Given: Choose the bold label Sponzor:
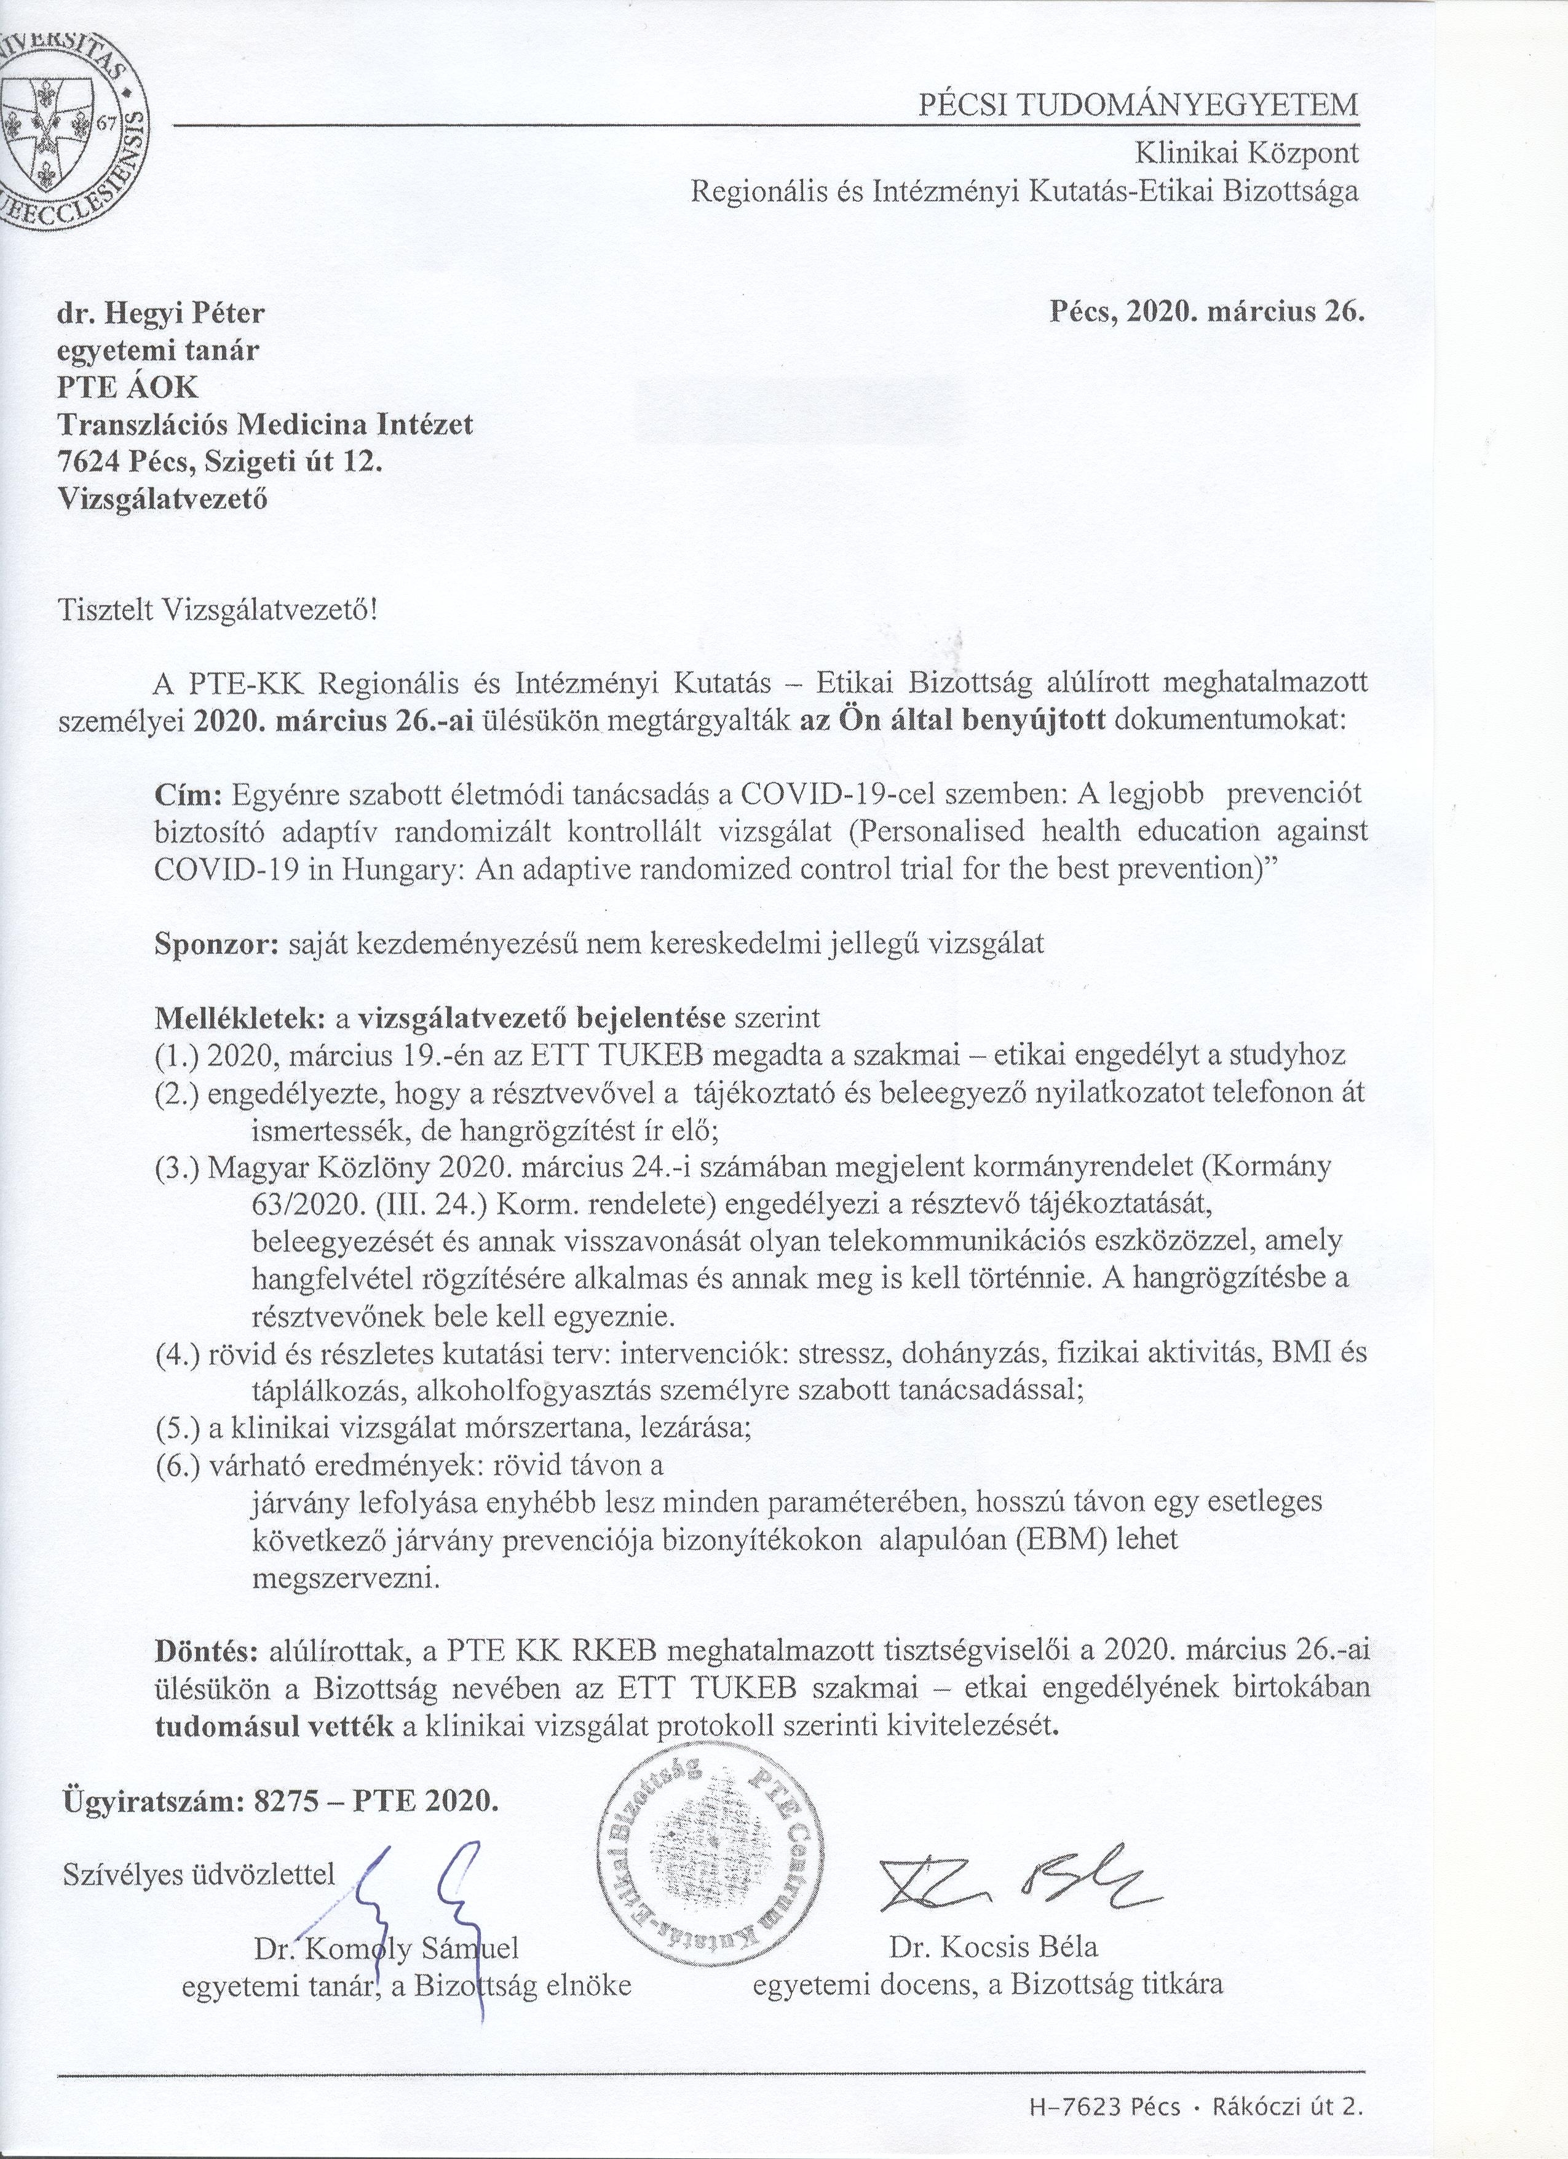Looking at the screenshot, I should [216, 944].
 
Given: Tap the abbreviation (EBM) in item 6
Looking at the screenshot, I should [1050, 1539].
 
